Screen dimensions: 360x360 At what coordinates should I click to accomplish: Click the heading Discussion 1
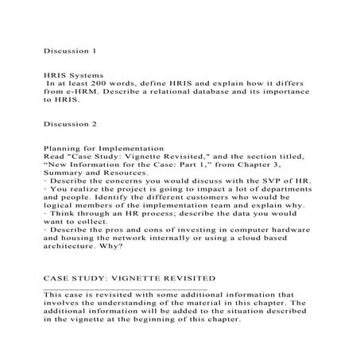69,50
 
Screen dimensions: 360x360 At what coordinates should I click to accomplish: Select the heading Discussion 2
69,124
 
